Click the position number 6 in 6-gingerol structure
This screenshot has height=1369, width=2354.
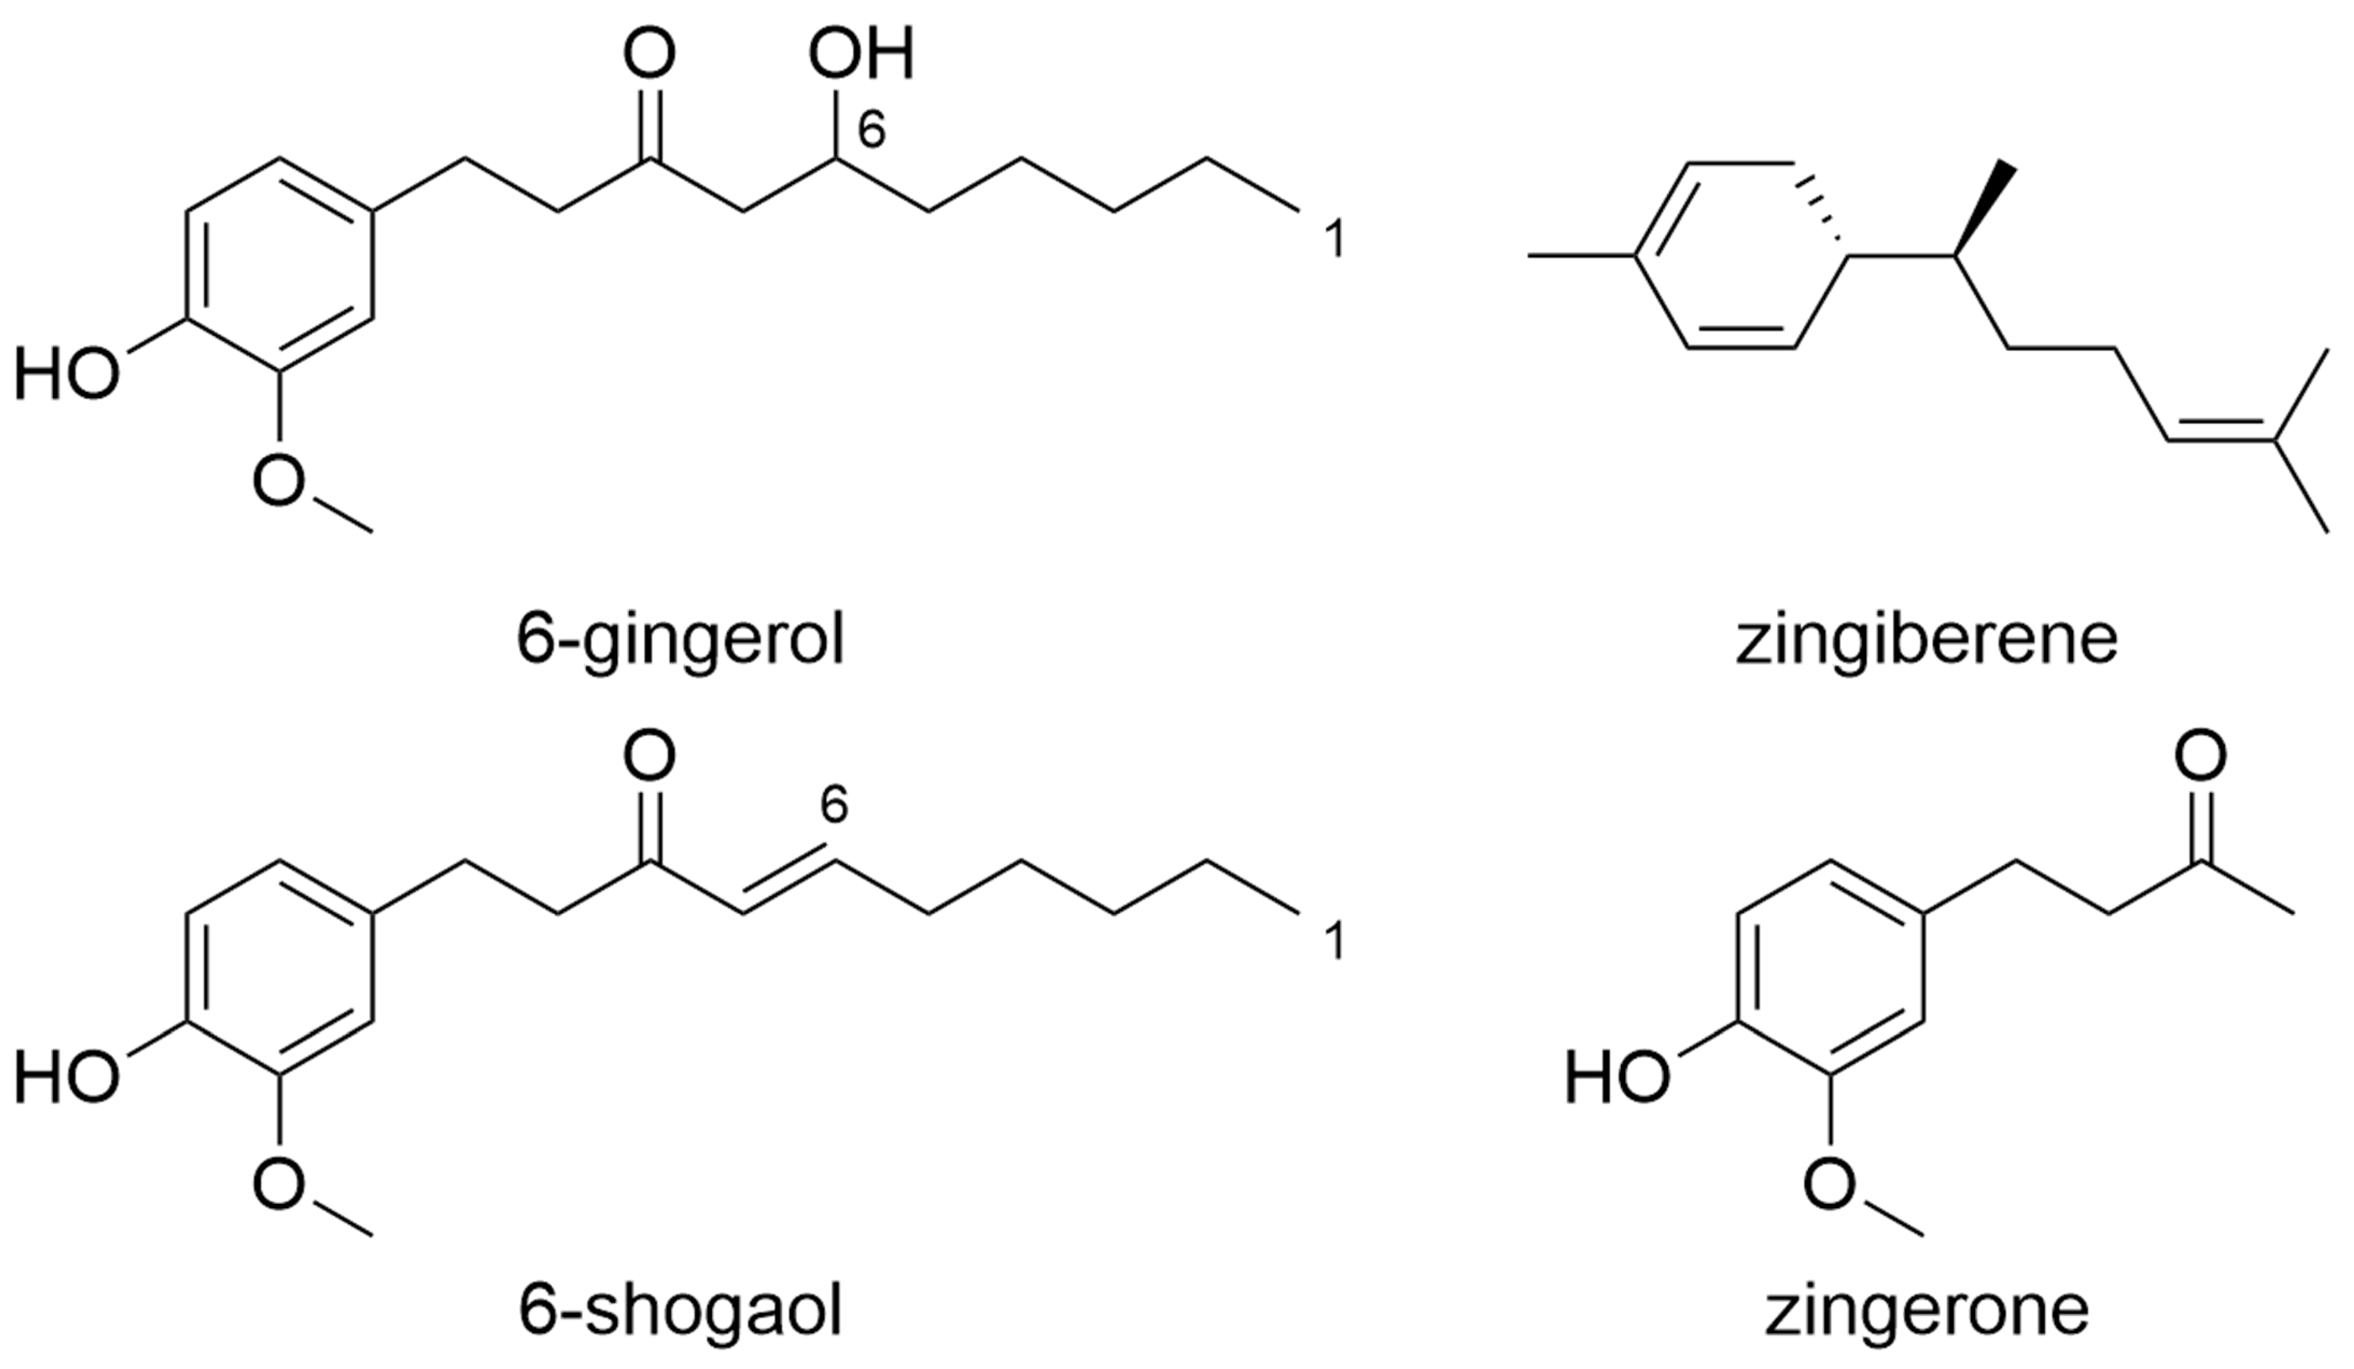click(870, 132)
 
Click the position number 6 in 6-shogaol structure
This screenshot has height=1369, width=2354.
click(834, 805)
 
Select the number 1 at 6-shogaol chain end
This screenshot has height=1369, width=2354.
click(1334, 943)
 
